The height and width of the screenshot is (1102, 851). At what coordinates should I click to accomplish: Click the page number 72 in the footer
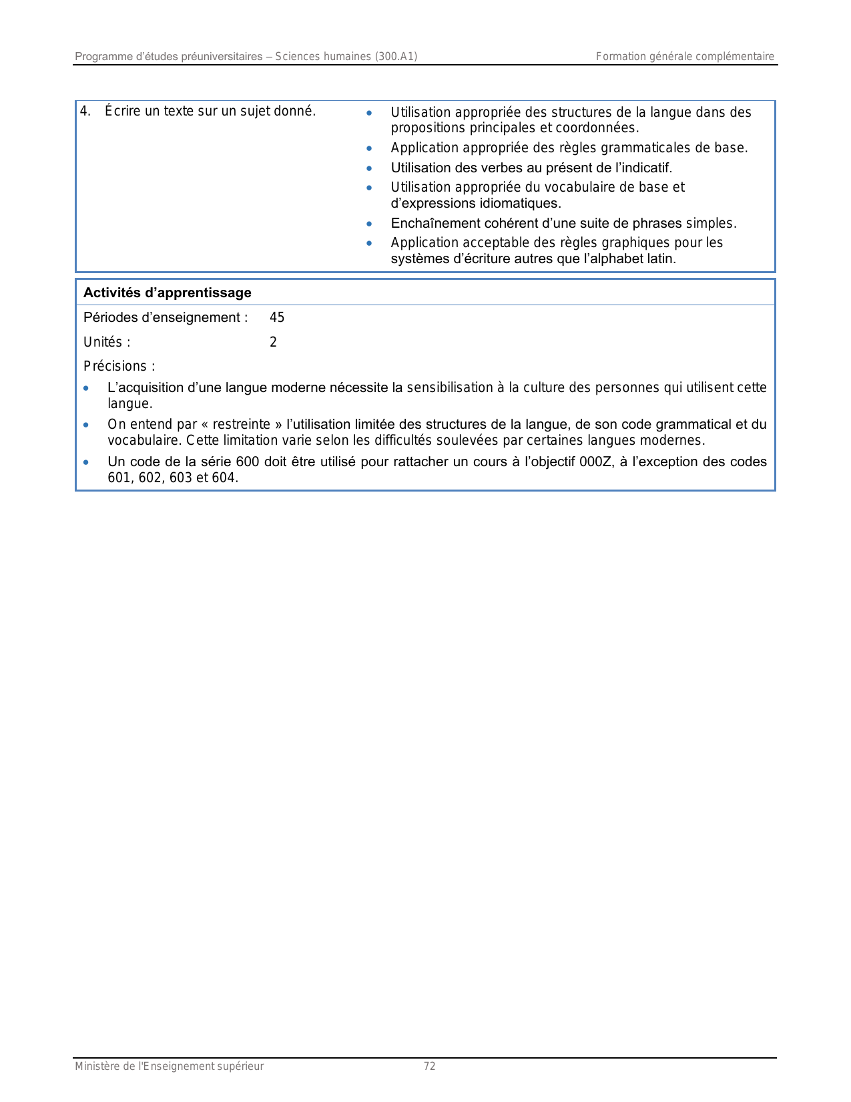(x=430, y=1066)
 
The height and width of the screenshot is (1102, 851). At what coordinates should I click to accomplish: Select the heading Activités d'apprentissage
(x=167, y=293)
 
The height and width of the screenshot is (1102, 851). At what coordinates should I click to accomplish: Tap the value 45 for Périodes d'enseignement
(x=277, y=317)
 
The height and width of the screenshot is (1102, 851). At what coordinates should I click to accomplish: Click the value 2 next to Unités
(x=273, y=342)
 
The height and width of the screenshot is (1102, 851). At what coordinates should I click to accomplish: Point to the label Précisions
(x=119, y=366)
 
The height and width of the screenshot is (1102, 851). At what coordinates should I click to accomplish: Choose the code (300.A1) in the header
(x=396, y=56)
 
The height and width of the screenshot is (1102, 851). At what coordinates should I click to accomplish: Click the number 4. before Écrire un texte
(x=85, y=111)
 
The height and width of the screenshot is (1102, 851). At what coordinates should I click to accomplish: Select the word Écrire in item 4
(x=122, y=111)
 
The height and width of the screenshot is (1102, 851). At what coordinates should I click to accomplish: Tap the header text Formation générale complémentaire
(x=685, y=56)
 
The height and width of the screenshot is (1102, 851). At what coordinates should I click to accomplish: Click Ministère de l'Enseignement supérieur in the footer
(x=169, y=1066)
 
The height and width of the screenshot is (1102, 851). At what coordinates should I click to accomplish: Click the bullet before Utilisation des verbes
(x=369, y=168)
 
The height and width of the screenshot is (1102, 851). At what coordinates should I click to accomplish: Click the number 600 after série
(x=247, y=462)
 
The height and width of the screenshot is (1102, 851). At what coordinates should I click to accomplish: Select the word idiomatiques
(x=521, y=203)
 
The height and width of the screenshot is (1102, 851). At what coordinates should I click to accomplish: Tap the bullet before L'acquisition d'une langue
(x=86, y=388)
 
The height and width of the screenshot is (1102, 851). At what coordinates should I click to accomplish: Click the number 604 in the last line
(x=224, y=478)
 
